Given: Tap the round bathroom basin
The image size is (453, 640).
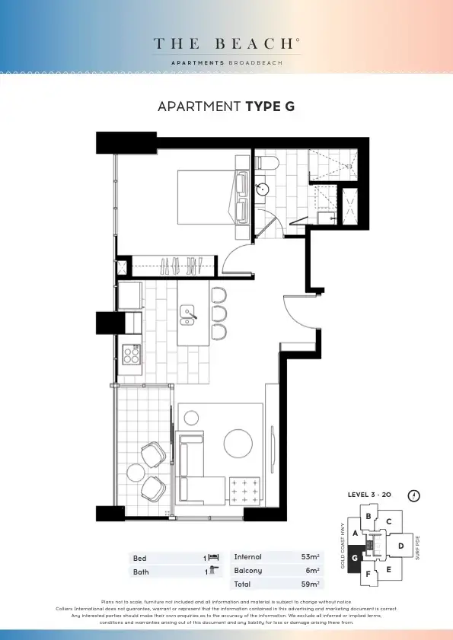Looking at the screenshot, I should point(263,189).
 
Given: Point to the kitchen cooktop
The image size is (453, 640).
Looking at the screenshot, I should point(132,354).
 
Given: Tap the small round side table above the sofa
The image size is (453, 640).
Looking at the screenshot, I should point(191,416).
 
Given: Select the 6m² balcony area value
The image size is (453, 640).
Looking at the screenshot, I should point(312,571).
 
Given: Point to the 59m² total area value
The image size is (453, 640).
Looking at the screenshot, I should point(310,584).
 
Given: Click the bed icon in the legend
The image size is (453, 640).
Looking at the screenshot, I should point(213,558).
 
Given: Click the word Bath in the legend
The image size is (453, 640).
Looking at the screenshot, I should point(141,572).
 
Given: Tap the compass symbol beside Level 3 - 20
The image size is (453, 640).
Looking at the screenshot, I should point(413,495).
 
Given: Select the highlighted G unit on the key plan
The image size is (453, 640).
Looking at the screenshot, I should point(355,558).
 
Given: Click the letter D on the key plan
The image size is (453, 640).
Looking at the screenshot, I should point(401,545).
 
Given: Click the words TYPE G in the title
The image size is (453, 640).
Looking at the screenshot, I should point(270,107).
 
